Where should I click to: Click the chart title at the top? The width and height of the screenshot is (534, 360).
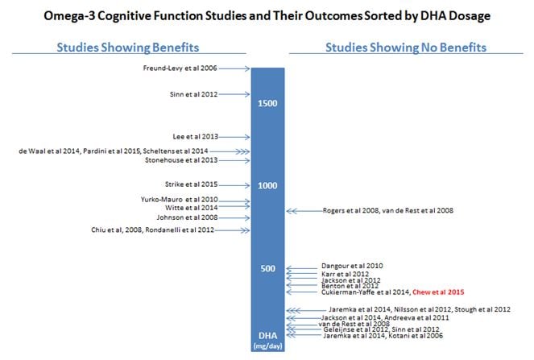[266, 15]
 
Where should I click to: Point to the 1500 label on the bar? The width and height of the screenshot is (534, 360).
[268, 104]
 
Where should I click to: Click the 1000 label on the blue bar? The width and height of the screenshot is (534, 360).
[268, 185]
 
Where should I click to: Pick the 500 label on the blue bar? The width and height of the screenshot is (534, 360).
[268, 268]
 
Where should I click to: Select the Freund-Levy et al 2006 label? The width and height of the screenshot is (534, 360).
[180, 69]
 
